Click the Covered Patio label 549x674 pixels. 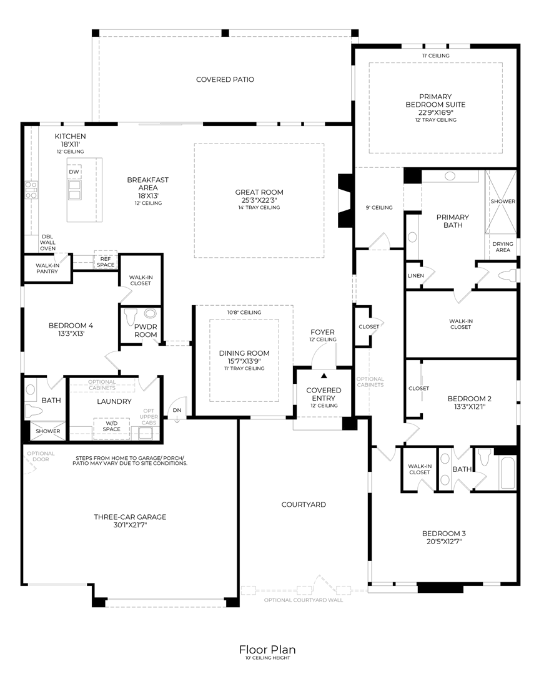[225, 79]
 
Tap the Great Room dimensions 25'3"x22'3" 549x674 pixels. [259, 200]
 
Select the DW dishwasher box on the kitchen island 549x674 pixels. [74, 172]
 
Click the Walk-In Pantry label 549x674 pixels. [47, 268]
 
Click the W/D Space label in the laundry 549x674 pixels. [111, 426]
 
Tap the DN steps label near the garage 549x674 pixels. [177, 410]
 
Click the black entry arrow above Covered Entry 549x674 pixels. [324, 376]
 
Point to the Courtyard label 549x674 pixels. [304, 505]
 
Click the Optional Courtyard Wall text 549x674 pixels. [304, 600]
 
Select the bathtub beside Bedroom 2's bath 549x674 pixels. [508, 473]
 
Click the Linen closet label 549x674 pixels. [415, 276]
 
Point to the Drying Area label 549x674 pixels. [503, 247]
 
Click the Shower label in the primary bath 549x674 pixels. [503, 201]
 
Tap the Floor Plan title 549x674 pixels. [267, 649]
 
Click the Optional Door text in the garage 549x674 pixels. [41, 456]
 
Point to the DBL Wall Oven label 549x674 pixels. [47, 242]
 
